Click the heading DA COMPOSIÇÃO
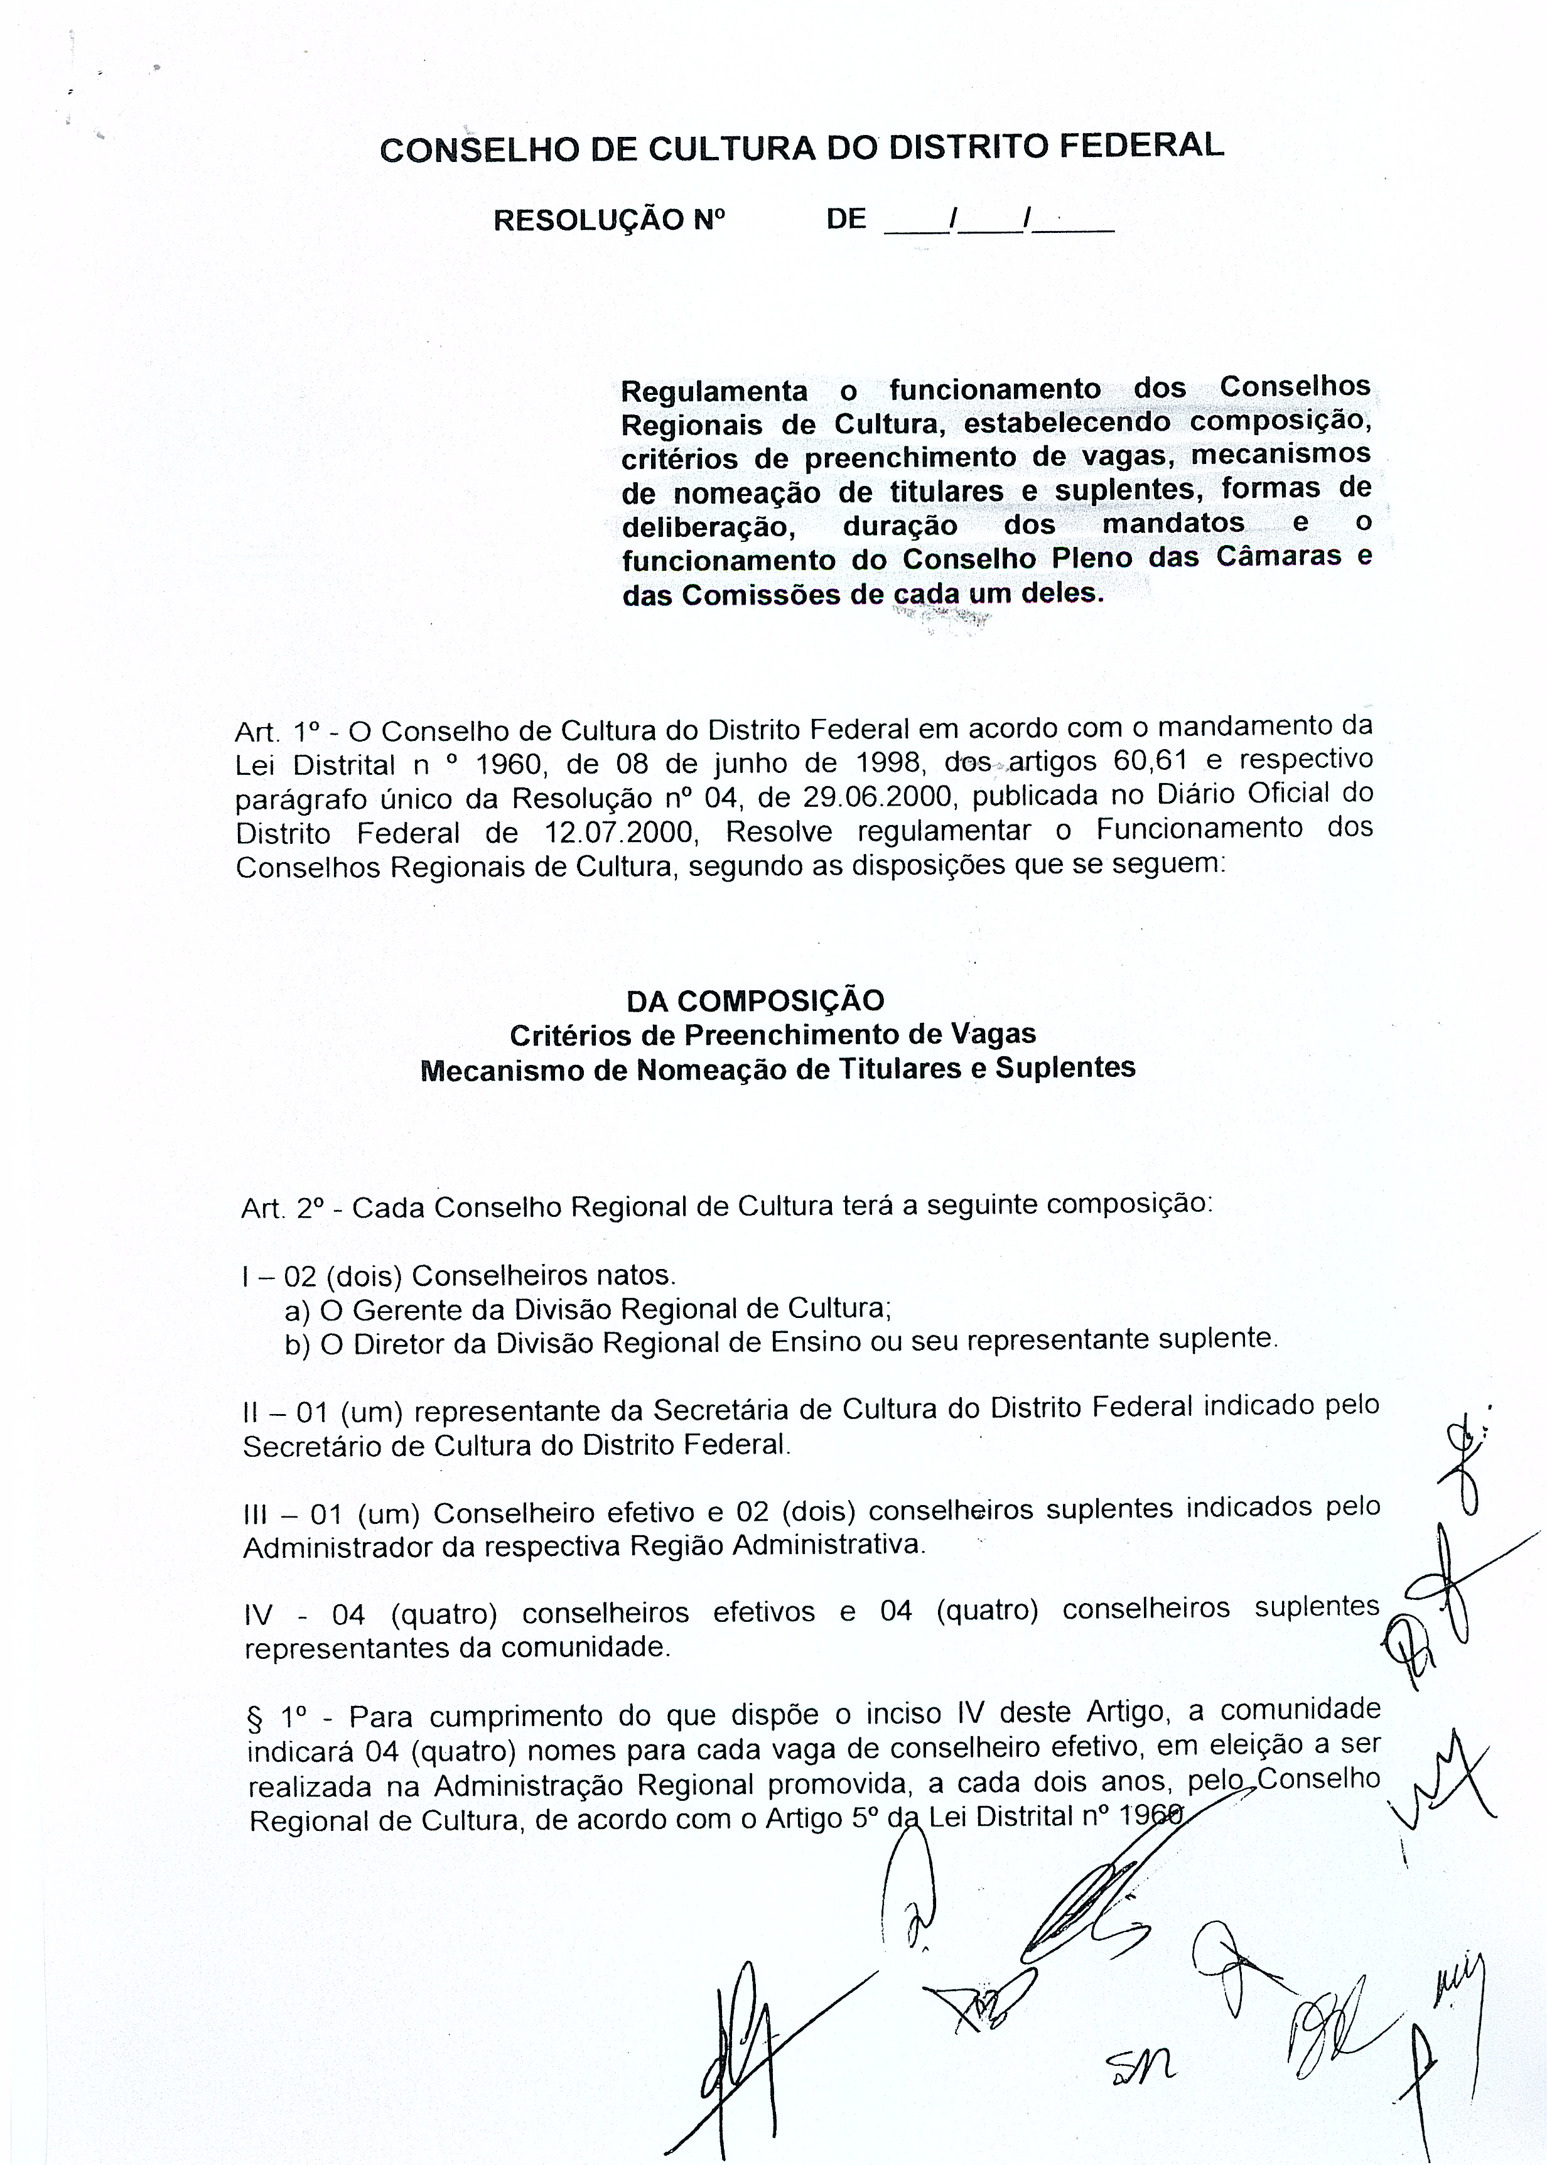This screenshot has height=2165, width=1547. pos(755,1000)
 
